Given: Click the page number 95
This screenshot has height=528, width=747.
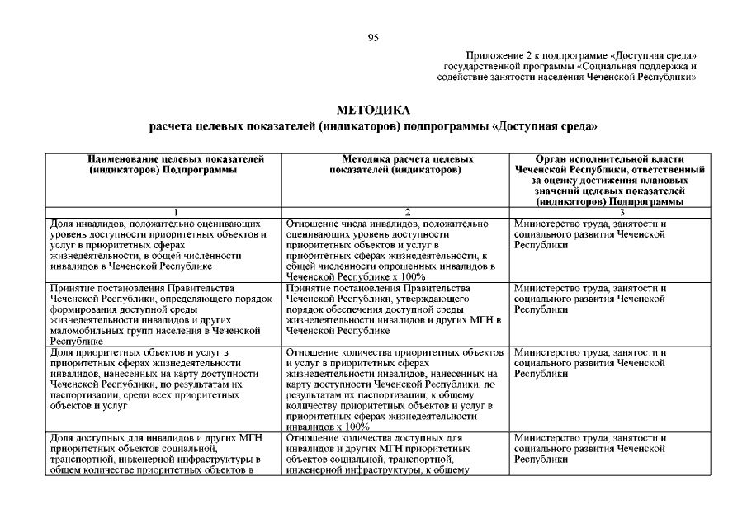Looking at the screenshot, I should click(x=373, y=36).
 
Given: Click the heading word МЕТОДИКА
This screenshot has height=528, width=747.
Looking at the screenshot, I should click(x=372, y=110).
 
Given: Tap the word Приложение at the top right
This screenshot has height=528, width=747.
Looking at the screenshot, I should click(x=491, y=55).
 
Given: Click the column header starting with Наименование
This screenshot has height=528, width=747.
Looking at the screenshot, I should click(x=163, y=163).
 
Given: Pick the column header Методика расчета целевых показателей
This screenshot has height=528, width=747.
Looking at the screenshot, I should click(x=395, y=163).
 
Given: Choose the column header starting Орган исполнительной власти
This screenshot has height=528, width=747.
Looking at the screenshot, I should click(x=609, y=179).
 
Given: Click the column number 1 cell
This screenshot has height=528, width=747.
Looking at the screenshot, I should click(x=163, y=212).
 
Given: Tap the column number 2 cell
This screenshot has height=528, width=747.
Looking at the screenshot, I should click(x=395, y=212).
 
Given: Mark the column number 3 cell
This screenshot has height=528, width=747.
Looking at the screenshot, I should click(x=609, y=212).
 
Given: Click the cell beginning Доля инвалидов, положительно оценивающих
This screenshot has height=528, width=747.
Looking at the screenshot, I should click(x=163, y=245).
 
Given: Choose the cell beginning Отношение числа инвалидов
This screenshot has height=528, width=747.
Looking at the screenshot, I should click(x=395, y=250).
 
